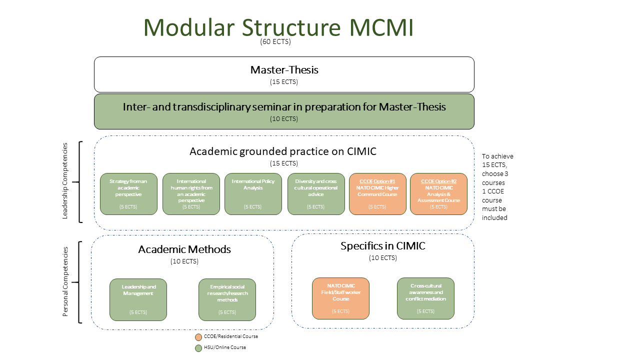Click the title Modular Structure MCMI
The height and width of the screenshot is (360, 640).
tap(278, 27)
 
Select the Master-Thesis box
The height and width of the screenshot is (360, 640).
tap(284, 74)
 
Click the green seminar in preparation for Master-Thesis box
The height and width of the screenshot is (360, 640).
tap(284, 111)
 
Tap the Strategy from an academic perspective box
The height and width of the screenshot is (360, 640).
tap(128, 194)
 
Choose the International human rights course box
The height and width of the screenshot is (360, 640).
tap(191, 194)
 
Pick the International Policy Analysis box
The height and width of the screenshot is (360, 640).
tap(253, 194)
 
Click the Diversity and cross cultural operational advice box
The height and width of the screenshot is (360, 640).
tap(316, 194)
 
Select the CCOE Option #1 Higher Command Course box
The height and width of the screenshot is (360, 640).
tap(377, 194)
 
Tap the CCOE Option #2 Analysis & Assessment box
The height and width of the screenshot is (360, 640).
tap(438, 194)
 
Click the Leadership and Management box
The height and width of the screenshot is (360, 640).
tap(138, 299)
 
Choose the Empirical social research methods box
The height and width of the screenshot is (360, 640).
tap(227, 299)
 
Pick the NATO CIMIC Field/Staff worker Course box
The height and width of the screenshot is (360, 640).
tap(340, 298)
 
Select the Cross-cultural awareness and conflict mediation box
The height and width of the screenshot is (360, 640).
tap(425, 298)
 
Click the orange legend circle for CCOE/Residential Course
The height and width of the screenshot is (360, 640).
tap(198, 337)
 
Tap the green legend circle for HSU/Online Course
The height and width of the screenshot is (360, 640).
tap(198, 348)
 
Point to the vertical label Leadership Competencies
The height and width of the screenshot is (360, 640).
tap(65, 181)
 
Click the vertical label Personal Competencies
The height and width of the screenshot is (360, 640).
tap(65, 282)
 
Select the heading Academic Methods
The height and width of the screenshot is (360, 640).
tap(184, 249)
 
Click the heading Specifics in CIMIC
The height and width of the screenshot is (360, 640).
tap(382, 245)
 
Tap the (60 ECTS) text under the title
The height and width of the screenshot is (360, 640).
tap(275, 41)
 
